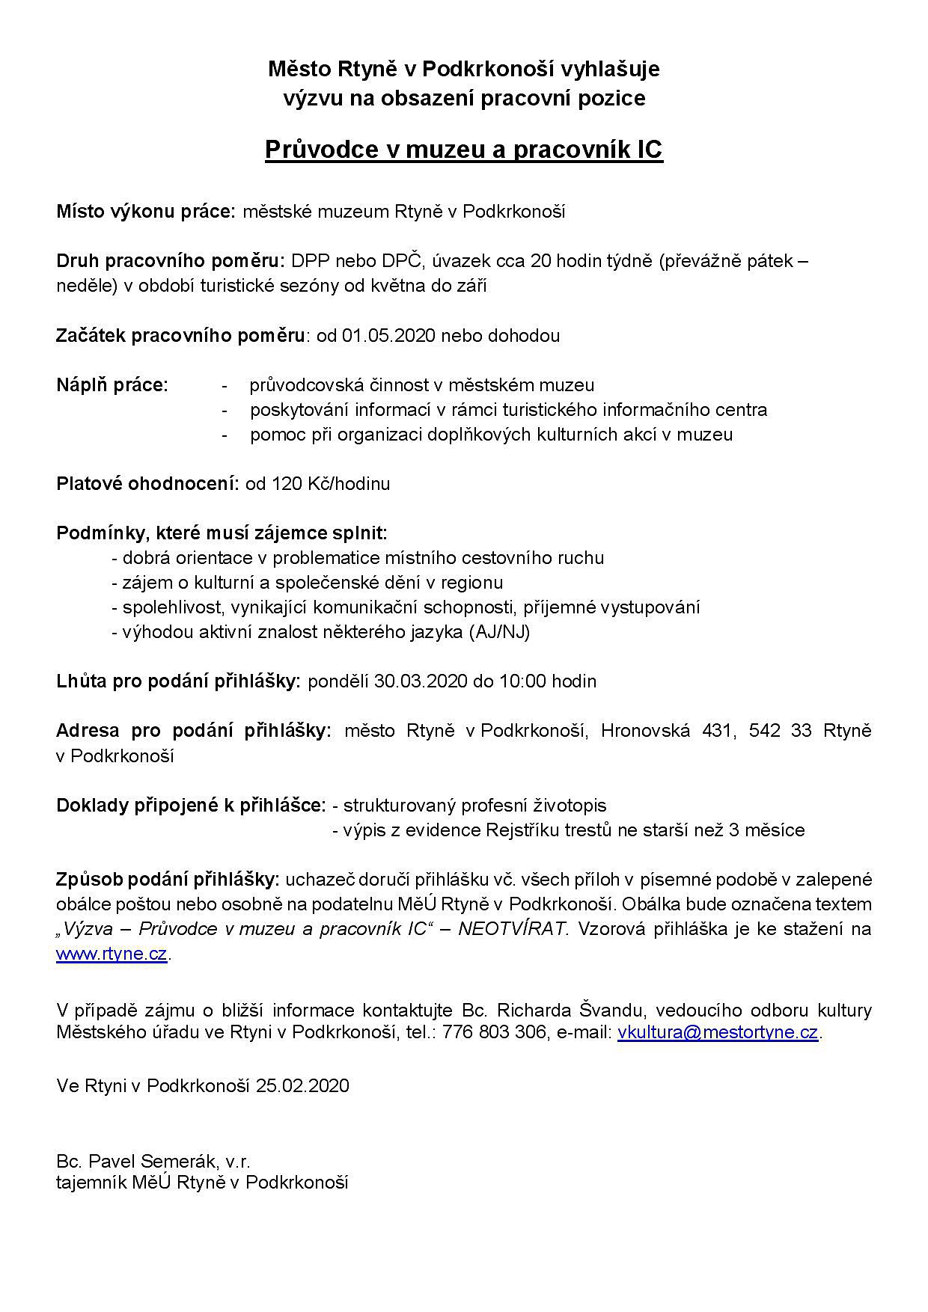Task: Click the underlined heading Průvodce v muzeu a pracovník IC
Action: click(464, 150)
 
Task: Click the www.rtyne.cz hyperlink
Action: click(112, 954)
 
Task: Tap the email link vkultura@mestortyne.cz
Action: click(717, 1033)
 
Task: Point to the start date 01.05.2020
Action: click(388, 335)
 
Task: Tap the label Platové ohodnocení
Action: click(147, 484)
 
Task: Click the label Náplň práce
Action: click(112, 385)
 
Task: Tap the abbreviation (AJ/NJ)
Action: click(499, 632)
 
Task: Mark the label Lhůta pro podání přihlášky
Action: click(178, 681)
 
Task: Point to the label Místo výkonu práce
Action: click(146, 212)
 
